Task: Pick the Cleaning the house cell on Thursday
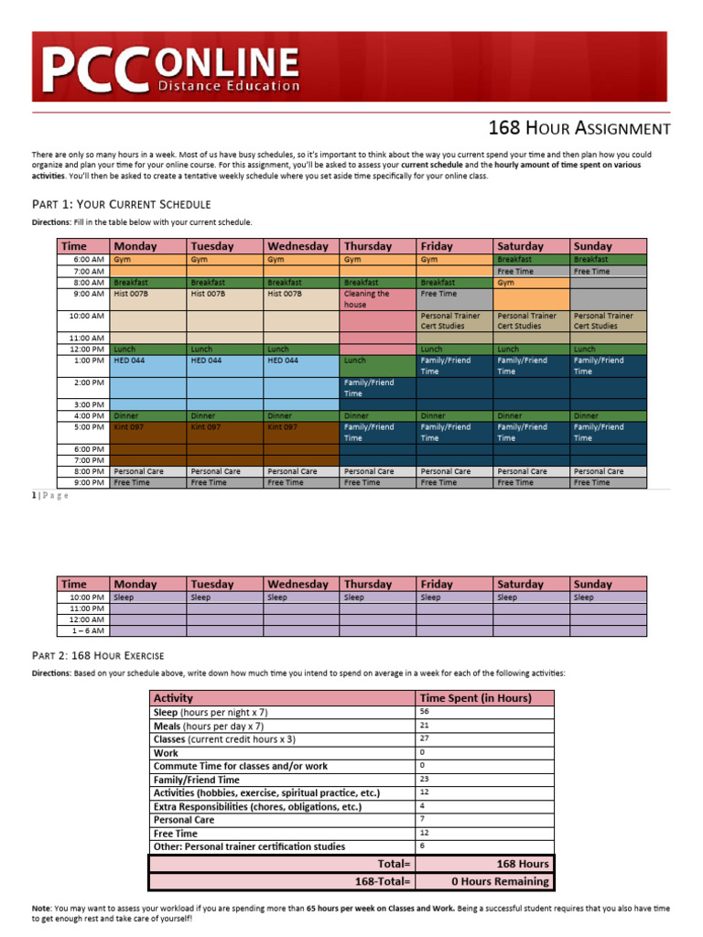point(376,299)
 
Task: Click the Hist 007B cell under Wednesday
point(300,294)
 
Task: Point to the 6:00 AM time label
point(89,260)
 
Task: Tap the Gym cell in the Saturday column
point(531,283)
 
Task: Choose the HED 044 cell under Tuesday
point(224,361)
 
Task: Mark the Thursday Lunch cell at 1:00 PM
point(376,361)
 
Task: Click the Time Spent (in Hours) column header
point(475,698)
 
